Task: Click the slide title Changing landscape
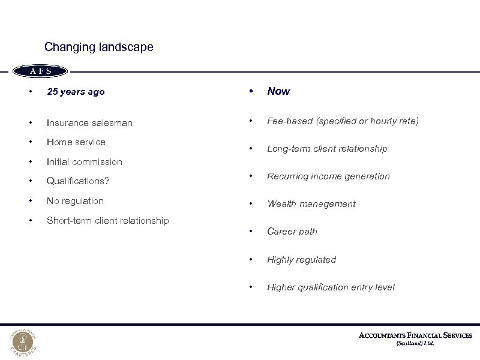99,47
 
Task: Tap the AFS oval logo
41,71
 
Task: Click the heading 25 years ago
76,92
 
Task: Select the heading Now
278,91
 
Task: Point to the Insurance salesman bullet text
89,122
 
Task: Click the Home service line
76,142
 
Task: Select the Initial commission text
84,162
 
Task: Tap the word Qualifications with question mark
78,181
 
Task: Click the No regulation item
75,201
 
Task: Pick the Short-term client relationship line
107,221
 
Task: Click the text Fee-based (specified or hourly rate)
343,121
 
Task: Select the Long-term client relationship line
327,149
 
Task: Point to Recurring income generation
328,176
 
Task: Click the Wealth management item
311,204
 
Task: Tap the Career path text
292,232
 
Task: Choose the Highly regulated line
301,260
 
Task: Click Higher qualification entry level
331,287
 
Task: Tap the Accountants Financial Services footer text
415,335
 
